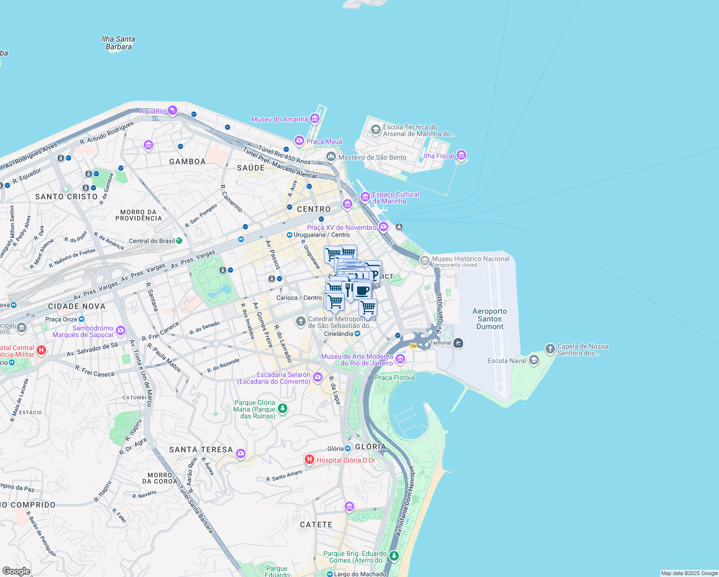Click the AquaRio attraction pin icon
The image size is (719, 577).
click(173, 111)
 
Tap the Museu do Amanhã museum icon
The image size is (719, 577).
click(315, 118)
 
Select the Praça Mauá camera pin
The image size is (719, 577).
click(299, 140)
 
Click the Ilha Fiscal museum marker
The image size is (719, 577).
click(461, 155)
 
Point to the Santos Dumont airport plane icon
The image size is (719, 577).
click(459, 343)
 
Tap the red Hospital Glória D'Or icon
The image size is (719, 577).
click(310, 460)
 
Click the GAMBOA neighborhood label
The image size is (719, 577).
click(187, 162)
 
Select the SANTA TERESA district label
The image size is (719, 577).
click(201, 450)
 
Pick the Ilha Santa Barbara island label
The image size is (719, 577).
click(119, 43)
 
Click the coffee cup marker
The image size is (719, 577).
click(362, 290)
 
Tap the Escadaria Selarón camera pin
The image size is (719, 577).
click(317, 377)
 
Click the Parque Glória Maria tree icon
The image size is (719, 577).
click(283, 409)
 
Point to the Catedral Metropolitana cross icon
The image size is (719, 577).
click(301, 321)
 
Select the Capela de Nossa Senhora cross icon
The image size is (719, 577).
click(550, 348)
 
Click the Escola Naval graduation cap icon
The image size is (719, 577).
click(533, 360)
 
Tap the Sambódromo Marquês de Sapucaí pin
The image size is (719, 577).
click(120, 330)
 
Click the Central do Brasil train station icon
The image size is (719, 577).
click(179, 240)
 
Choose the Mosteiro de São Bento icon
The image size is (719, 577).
click(331, 157)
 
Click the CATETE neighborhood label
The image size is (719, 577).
click(316, 525)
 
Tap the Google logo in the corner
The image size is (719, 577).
click(16, 571)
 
